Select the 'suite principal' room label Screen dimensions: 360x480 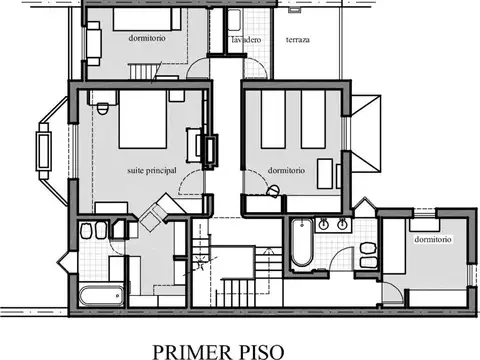click(x=152, y=170)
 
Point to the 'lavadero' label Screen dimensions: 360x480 click(x=246, y=40)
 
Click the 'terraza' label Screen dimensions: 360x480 click(x=297, y=40)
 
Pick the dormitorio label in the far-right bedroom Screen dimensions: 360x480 click(x=432, y=240)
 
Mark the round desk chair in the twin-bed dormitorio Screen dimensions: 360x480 click(x=272, y=189)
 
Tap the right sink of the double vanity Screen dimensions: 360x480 click(x=342, y=225)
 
